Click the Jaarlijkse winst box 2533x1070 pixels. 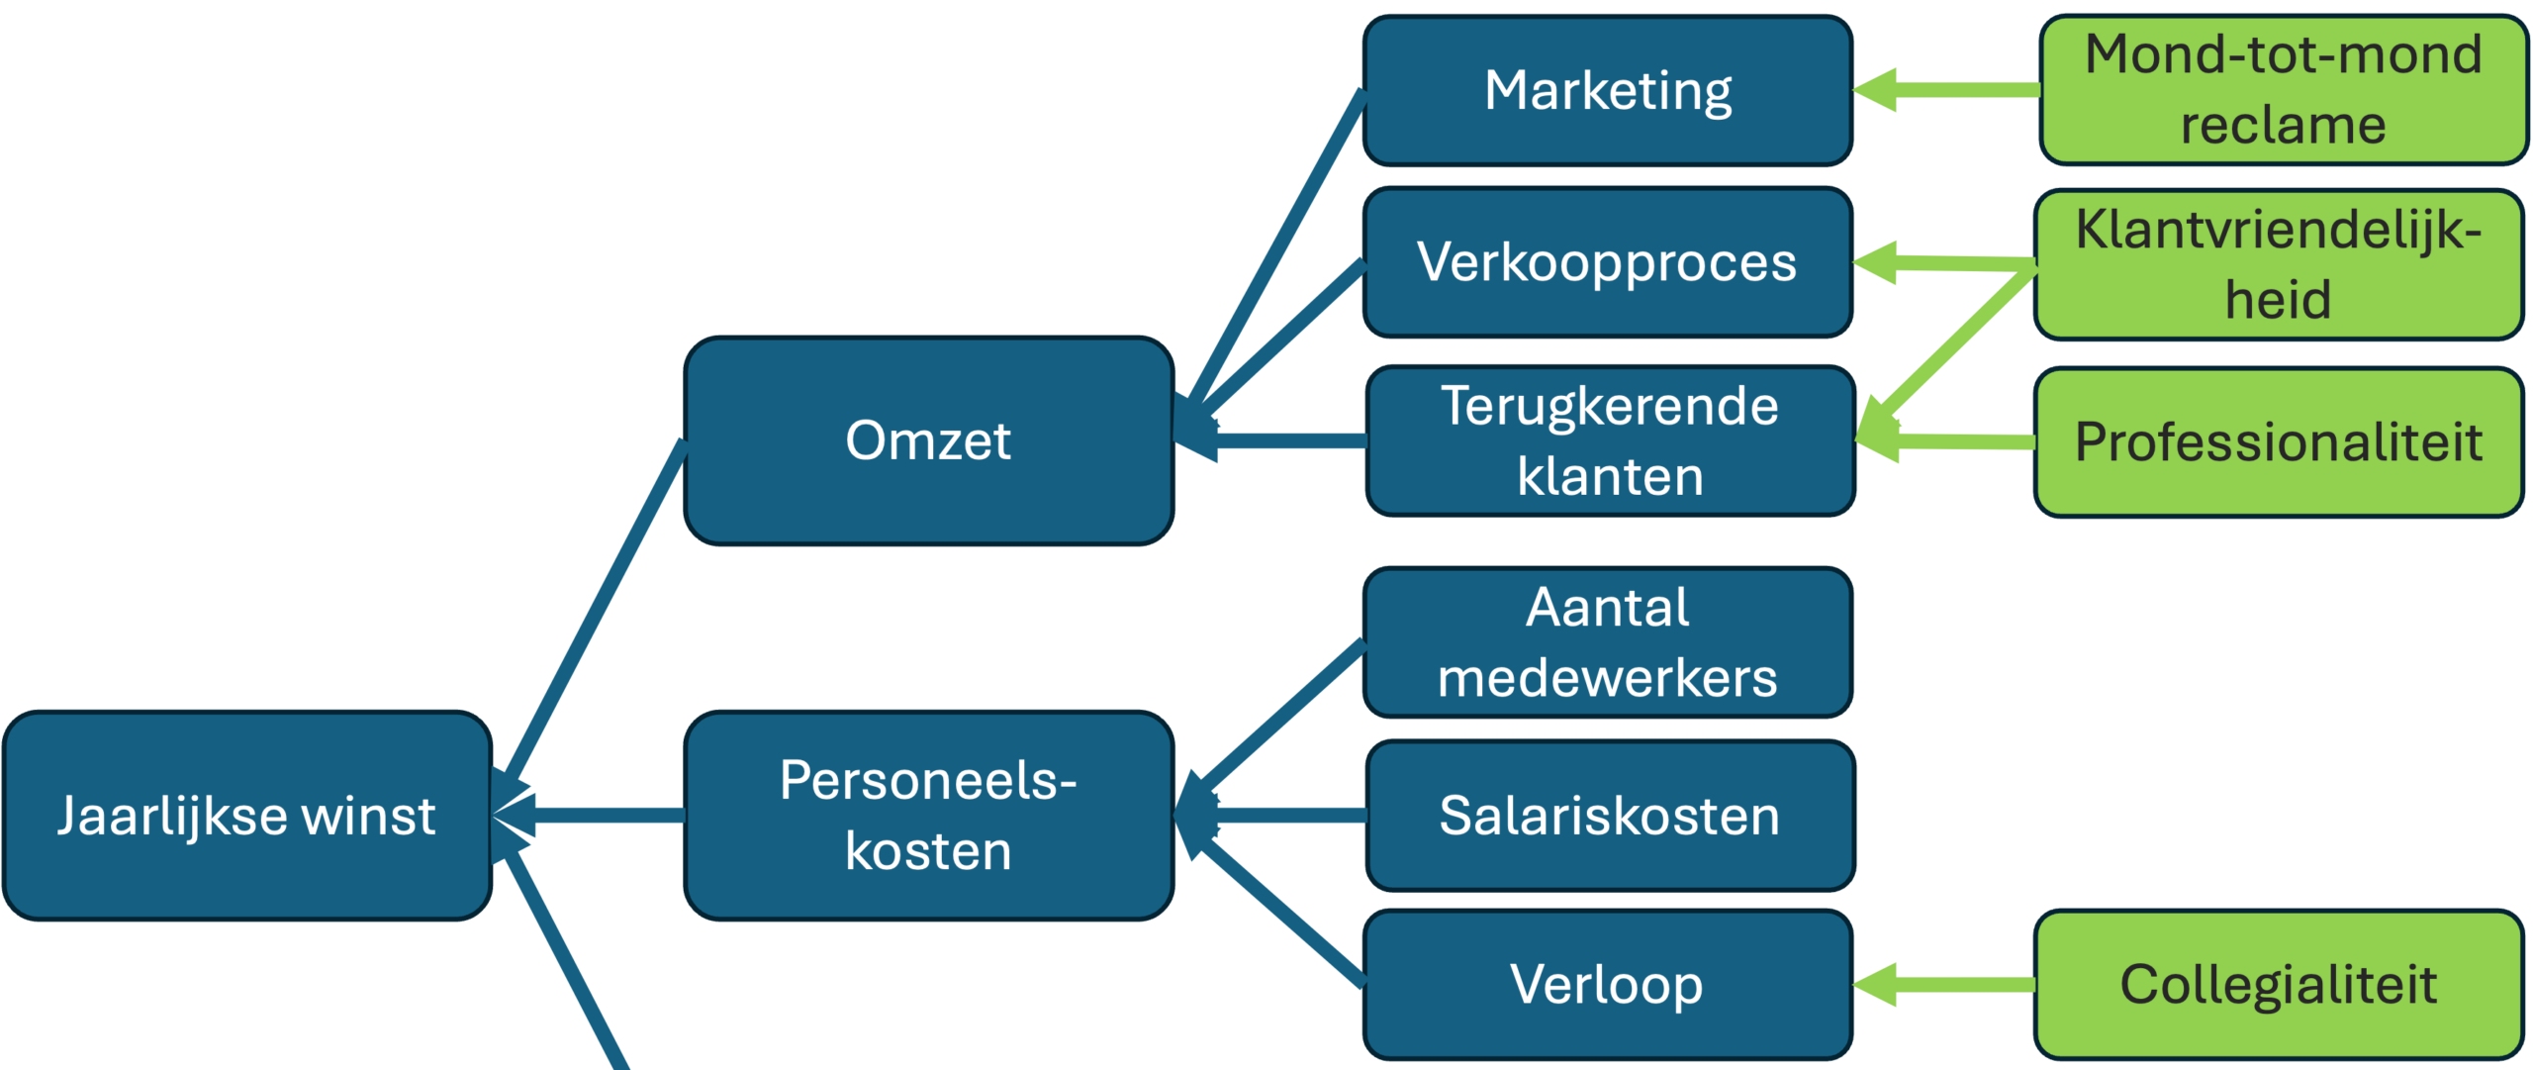(x=247, y=816)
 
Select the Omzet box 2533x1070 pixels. (x=928, y=440)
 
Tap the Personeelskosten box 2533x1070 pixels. (x=928, y=816)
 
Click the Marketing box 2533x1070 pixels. (x=1607, y=90)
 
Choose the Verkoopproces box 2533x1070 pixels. (x=1607, y=262)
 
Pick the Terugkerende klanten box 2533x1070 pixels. (x=1609, y=441)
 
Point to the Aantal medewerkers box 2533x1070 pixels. (x=1607, y=642)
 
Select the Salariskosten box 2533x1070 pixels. (x=1609, y=816)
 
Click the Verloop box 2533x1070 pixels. (x=1607, y=985)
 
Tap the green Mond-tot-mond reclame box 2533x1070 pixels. (x=2284, y=90)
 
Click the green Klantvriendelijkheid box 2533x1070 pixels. (x=2278, y=264)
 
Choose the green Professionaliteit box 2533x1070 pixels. (x=2278, y=441)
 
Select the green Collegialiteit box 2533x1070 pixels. (x=2278, y=985)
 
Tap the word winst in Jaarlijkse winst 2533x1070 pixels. (x=368, y=816)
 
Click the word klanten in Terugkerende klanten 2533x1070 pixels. (x=1611, y=477)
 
